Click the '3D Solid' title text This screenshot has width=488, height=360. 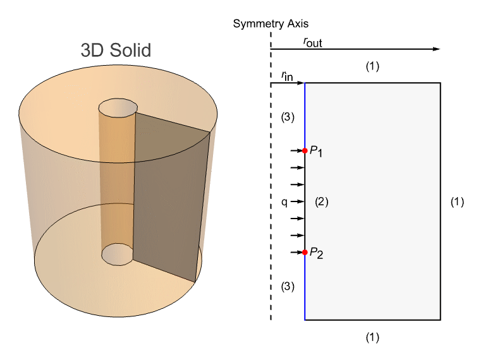pyautogui.click(x=116, y=50)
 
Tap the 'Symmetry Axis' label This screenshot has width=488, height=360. pyautogui.click(x=271, y=24)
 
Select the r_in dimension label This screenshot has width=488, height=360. pyautogui.click(x=287, y=76)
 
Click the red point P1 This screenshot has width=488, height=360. pyautogui.click(x=305, y=151)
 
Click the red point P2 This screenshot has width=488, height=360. pyautogui.click(x=305, y=253)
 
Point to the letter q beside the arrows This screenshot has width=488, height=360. pyautogui.click(x=284, y=202)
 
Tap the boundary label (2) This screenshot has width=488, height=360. pyautogui.click(x=322, y=202)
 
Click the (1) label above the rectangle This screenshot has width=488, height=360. pyautogui.click(x=373, y=66)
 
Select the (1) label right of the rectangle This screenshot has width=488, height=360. pyautogui.click(x=457, y=202)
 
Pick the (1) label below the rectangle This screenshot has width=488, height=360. pyautogui.click(x=373, y=337)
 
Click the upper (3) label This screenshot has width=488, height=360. pyautogui.click(x=288, y=117)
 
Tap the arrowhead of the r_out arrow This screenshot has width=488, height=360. pyautogui.click(x=436, y=49)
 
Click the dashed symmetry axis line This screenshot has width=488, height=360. pyautogui.click(x=271, y=189)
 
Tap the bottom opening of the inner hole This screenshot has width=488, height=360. pyautogui.click(x=118, y=254)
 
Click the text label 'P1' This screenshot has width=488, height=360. pyautogui.click(x=316, y=152)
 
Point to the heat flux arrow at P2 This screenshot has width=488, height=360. pyautogui.click(x=296, y=253)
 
